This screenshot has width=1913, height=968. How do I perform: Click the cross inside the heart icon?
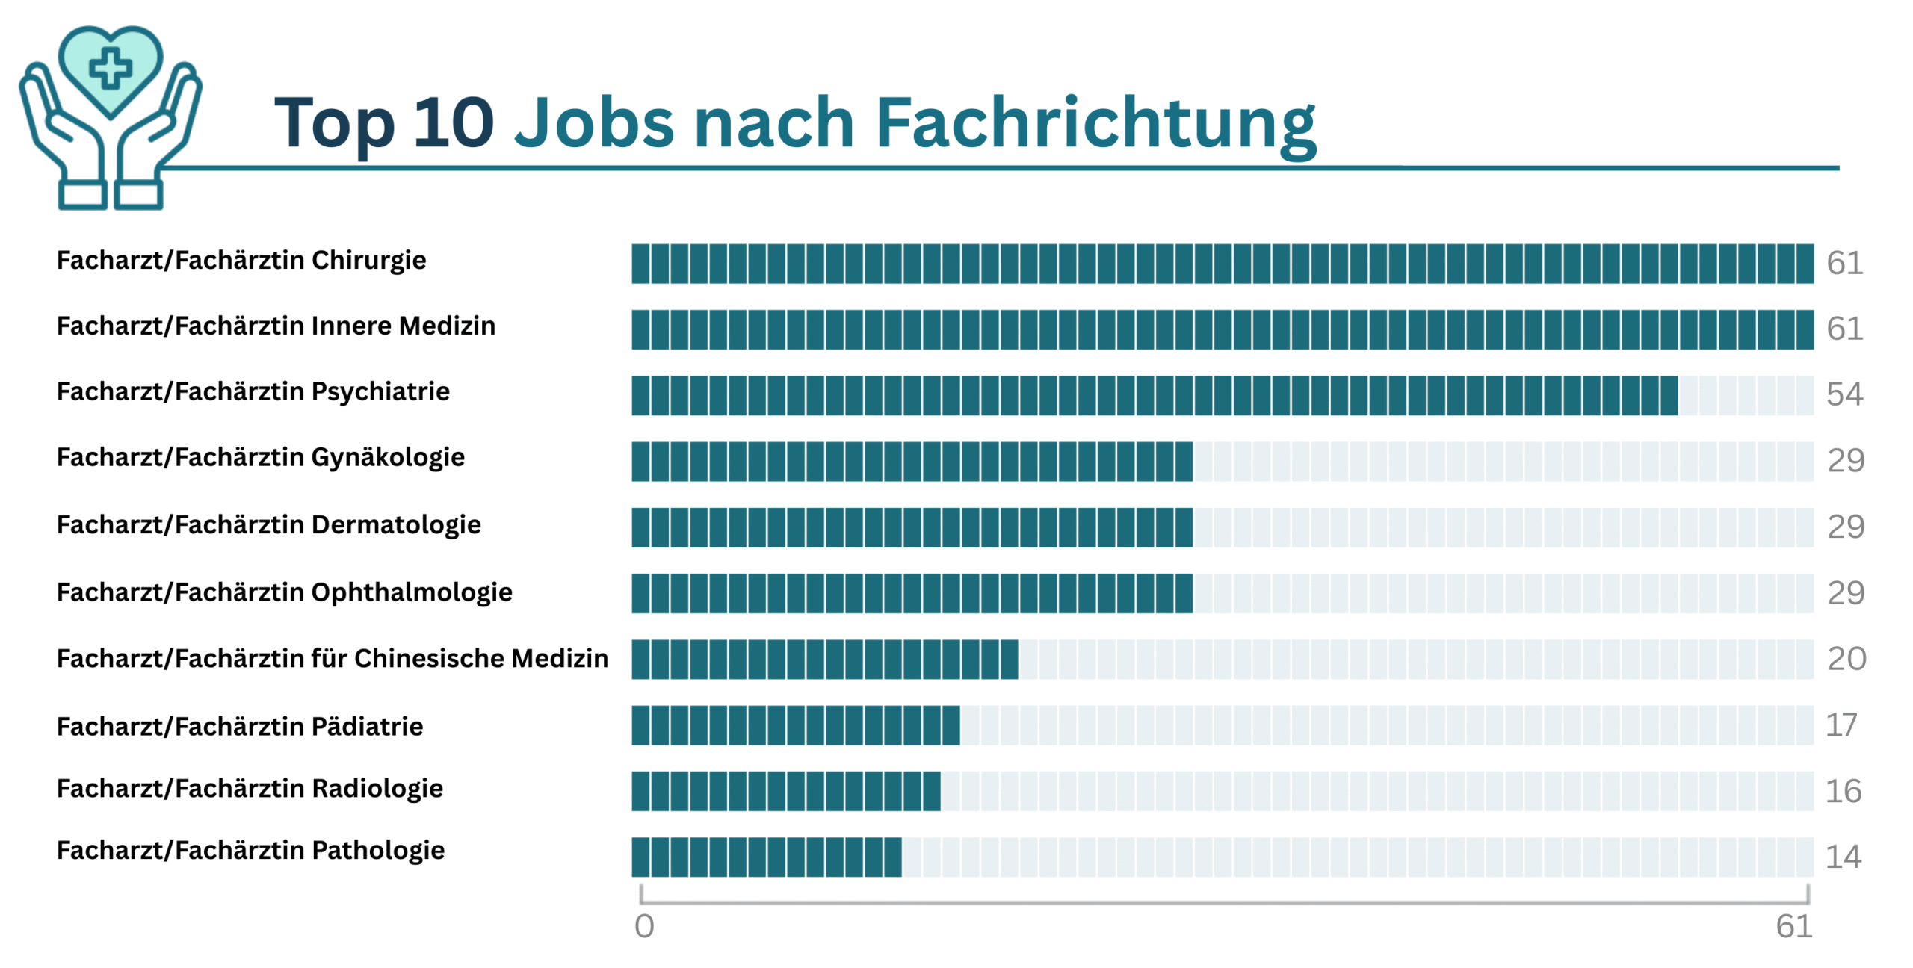click(x=111, y=68)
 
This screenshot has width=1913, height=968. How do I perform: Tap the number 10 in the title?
click(x=453, y=122)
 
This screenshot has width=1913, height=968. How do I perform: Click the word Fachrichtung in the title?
click(x=1095, y=124)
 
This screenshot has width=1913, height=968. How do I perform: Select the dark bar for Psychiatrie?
click(x=1154, y=395)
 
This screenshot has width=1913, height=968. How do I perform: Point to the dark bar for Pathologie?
click(x=766, y=857)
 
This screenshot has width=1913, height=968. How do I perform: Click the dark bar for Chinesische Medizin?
click(x=824, y=659)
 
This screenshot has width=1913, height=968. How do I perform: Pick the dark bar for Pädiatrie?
click(x=795, y=725)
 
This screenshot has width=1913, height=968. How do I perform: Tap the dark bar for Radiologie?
click(x=785, y=791)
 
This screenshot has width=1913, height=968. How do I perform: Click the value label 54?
click(x=1844, y=394)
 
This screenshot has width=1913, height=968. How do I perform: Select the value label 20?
click(x=1846, y=659)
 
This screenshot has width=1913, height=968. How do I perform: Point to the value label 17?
click(x=1841, y=725)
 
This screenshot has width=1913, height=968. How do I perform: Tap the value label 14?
click(x=1843, y=857)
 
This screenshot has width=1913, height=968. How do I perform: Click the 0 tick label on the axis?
click(x=644, y=926)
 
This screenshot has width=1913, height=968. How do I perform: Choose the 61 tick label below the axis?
click(x=1793, y=926)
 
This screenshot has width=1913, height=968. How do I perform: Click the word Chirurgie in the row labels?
click(x=368, y=261)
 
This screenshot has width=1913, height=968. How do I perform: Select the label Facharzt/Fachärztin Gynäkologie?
click(x=260, y=457)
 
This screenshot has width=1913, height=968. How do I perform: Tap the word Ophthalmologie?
click(x=412, y=592)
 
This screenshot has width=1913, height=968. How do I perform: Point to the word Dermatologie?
click(x=396, y=524)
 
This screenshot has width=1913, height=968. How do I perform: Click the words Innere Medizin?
click(x=403, y=326)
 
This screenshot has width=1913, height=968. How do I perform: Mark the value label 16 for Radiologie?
click(x=1843, y=791)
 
